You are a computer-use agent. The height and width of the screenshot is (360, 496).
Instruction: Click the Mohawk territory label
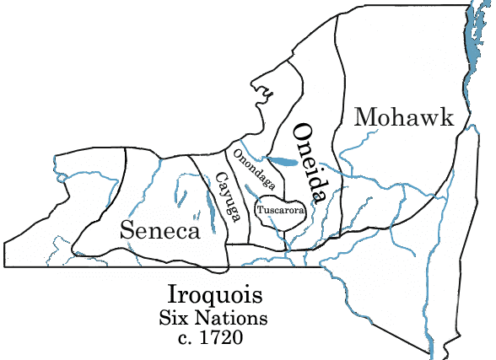tap(405, 117)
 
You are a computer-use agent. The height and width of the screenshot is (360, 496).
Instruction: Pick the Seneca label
tap(160, 229)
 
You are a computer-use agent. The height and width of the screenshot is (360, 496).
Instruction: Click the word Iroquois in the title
tap(214, 297)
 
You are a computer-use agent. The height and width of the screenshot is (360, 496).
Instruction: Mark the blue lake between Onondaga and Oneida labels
tap(279, 159)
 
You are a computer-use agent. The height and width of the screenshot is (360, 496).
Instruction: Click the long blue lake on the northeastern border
tap(467, 51)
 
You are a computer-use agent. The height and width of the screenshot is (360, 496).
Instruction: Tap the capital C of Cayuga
tap(219, 178)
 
